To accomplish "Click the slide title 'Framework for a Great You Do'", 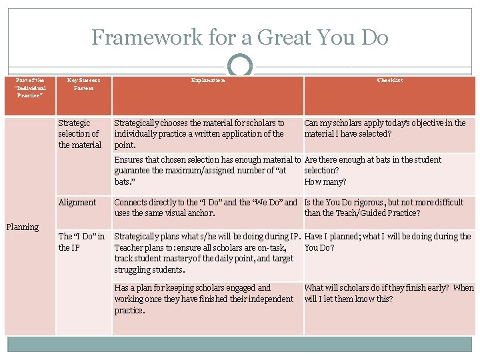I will tap(240, 37).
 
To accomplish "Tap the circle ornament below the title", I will tap(240, 67).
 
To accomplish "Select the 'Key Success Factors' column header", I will tap(84, 84).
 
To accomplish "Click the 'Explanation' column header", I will tap(207, 80).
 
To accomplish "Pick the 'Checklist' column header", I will tap(389, 80).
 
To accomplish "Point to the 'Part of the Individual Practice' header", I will tap(31, 87).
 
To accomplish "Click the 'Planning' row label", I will tap(23, 227).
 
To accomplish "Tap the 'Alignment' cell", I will tap(77, 202).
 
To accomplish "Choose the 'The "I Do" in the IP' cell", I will tap(81, 242).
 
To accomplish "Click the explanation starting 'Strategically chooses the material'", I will tap(199, 134).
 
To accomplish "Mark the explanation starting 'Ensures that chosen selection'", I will tap(208, 171).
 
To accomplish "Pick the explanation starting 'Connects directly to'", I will tap(206, 207).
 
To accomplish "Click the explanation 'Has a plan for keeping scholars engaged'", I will tap(203, 299).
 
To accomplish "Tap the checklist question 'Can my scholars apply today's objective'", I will tap(385, 129).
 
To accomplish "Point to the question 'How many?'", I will tap(325, 182).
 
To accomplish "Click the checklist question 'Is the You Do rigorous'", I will tap(383, 207).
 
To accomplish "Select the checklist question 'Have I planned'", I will tap(387, 241).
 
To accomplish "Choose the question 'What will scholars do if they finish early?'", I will tap(389, 293).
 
